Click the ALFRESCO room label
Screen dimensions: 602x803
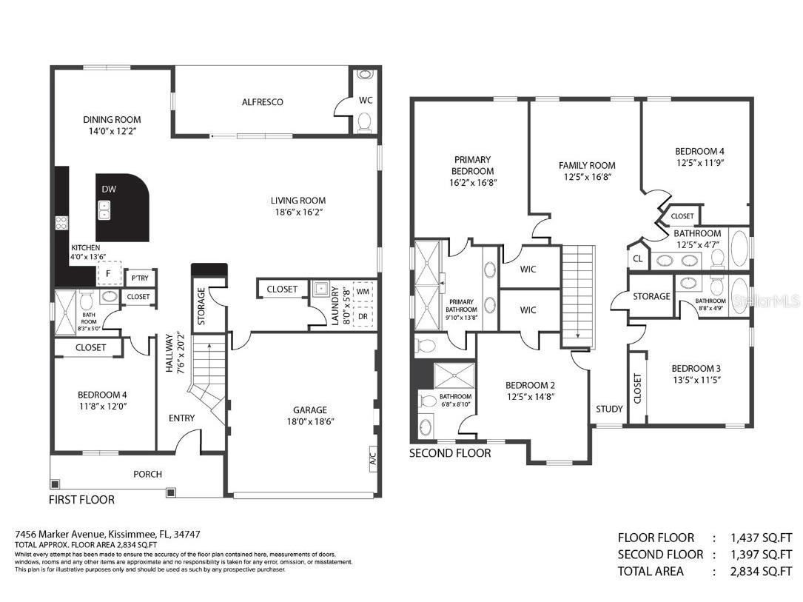click(x=262, y=102)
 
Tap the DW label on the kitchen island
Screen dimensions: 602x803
click(x=109, y=190)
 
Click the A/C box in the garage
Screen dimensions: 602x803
click(x=373, y=455)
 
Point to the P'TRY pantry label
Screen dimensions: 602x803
click(x=138, y=278)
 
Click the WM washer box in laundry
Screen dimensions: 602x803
click(x=363, y=292)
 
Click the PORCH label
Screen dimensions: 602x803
click(x=147, y=474)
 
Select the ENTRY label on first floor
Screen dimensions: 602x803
click(x=181, y=418)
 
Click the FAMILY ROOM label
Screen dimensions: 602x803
click(x=587, y=165)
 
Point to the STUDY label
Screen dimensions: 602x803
click(x=609, y=409)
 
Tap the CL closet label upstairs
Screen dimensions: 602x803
click(x=637, y=258)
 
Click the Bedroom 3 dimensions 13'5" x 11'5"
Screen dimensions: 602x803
click(x=696, y=380)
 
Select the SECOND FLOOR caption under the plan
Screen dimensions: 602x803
click(x=450, y=453)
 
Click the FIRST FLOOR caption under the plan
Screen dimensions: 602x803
click(x=81, y=500)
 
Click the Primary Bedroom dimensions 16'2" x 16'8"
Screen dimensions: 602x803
click(x=472, y=181)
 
